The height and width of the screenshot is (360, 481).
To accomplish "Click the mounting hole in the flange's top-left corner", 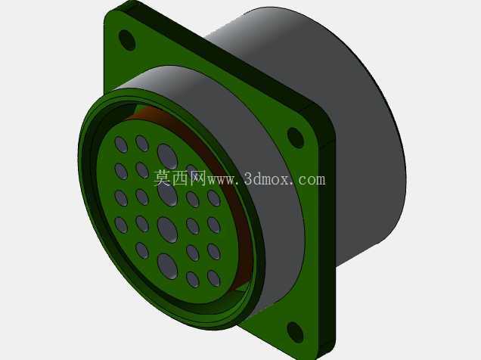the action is [127, 40].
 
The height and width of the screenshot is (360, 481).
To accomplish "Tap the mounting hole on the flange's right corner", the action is [295, 138].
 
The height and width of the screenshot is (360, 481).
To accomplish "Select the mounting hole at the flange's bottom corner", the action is [295, 333].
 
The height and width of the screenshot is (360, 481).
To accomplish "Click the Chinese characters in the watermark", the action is [180, 178].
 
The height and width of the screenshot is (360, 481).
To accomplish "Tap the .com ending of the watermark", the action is [309, 180].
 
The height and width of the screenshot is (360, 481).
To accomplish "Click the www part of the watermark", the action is [222, 180].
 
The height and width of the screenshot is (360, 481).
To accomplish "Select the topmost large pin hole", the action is [167, 157].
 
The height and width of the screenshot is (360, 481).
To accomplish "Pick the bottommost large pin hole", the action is [167, 266].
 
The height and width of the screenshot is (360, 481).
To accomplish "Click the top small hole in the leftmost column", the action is [121, 144].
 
